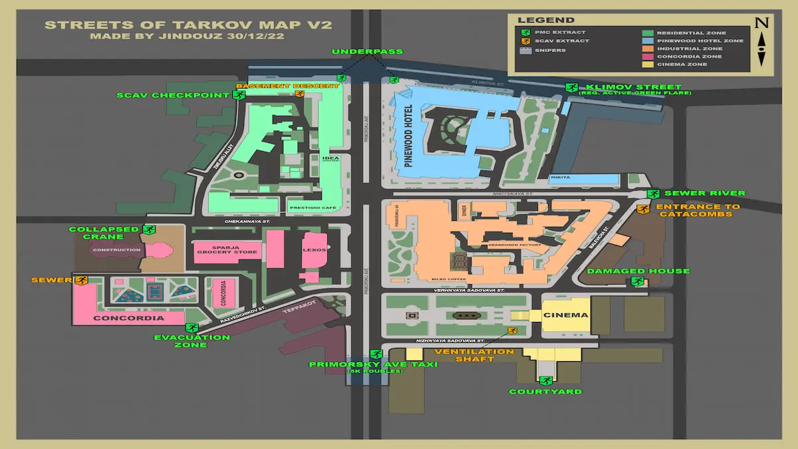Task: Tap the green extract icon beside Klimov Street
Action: [x=571, y=87]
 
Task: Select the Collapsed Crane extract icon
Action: [x=148, y=229]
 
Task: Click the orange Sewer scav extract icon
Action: [x=81, y=280]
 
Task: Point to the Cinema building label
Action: [x=566, y=315]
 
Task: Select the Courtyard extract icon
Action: [x=545, y=380]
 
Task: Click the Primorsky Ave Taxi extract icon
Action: [x=376, y=354]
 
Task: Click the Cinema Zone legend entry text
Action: [x=682, y=65]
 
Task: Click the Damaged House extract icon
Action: [x=636, y=281]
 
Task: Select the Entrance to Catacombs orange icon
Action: [x=642, y=210]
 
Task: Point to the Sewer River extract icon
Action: [x=653, y=194]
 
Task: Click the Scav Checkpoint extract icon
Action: [x=237, y=95]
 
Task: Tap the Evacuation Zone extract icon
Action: [x=193, y=327]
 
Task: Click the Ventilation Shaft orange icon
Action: [x=512, y=331]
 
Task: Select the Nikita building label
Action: [x=560, y=178]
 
